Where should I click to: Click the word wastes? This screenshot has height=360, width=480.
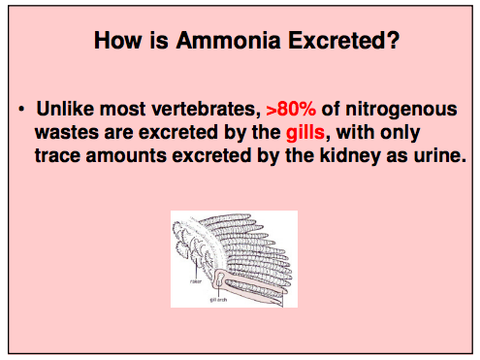coord(71,131)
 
